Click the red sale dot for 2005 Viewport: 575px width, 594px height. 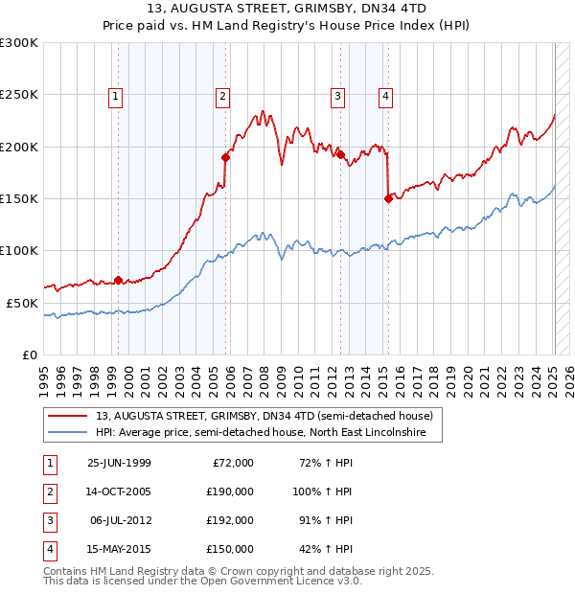coord(226,157)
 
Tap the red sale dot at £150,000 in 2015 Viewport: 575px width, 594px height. coord(389,198)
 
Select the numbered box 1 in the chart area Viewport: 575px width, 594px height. coord(115,95)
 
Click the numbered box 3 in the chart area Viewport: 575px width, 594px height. coord(338,95)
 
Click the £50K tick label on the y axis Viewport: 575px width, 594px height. coord(22,303)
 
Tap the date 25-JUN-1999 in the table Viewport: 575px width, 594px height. coord(119,463)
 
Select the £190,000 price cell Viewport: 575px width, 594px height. coord(229,491)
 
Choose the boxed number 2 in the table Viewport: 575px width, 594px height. coord(48,491)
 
